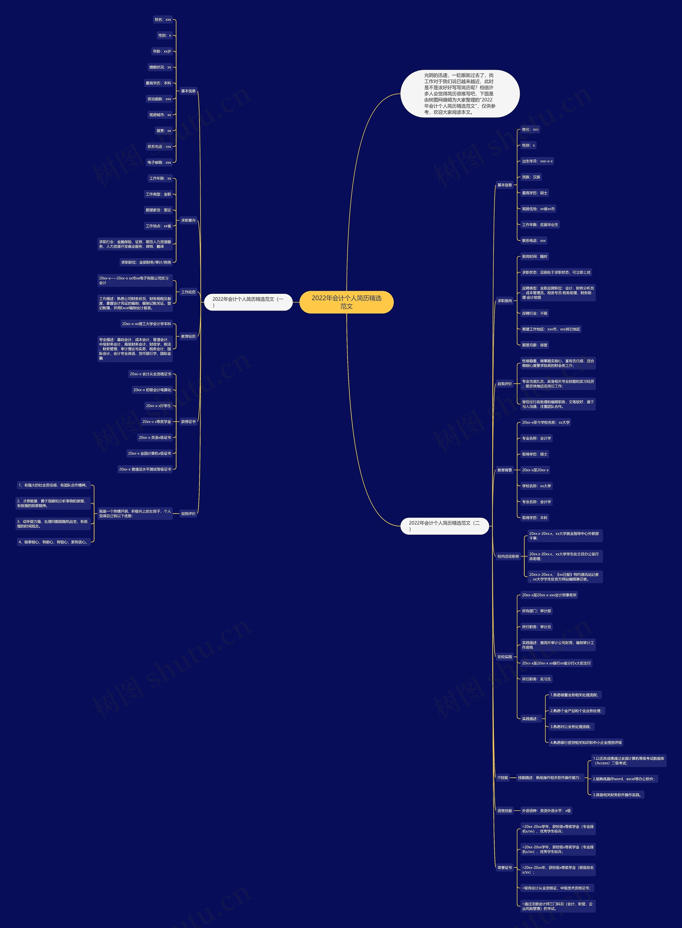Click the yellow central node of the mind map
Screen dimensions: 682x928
pos(346,302)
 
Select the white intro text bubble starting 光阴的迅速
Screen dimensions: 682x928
pos(460,94)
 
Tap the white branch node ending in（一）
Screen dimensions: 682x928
pos(248,302)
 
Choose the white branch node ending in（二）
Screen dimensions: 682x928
pos(444,526)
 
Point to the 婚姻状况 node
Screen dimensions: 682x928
pos(160,67)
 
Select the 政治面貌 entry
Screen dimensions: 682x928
pos(159,99)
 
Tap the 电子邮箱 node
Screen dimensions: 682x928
pos(159,163)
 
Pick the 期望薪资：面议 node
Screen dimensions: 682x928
pos(158,210)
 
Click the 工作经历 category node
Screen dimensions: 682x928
pos(188,292)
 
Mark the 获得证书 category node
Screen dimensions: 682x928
pos(188,422)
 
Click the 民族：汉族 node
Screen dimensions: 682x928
pos(531,177)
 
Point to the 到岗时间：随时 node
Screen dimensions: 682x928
pos(535,257)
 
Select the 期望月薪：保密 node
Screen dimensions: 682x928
pos(535,345)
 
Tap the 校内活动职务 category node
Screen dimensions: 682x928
pos(508,556)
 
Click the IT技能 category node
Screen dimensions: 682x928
pos(503,778)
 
